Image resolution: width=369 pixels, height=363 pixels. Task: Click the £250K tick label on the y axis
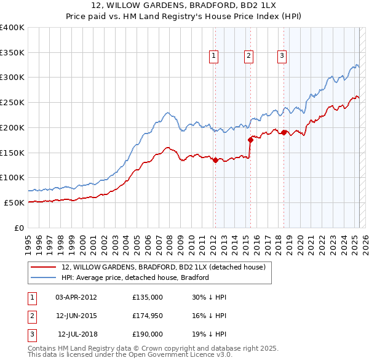pos(12,103)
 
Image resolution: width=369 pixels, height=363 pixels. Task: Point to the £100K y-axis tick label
pos(12,177)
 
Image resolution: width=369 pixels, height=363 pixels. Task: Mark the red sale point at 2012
pos(215,160)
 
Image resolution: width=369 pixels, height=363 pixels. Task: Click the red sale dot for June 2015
pos(250,140)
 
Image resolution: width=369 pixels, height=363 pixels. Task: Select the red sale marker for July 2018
pos(284,132)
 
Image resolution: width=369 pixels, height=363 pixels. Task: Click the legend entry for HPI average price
pos(135,277)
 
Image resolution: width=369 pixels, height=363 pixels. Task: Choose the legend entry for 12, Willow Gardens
pos(163,267)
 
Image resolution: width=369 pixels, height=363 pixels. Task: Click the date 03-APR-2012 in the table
pos(76,297)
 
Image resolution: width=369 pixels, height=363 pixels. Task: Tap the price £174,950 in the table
pos(148,316)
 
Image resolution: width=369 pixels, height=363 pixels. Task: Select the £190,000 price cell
pos(148,334)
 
